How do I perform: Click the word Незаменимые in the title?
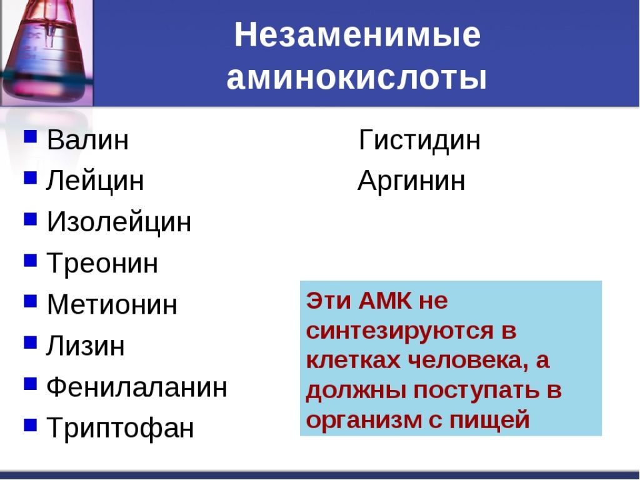[x=357, y=35]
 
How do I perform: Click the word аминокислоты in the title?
[x=357, y=77]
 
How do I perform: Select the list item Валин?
[x=87, y=139]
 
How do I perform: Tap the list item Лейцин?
[x=95, y=181]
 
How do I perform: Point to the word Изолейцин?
[x=119, y=222]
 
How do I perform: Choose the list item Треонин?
[x=102, y=263]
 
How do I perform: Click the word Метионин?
[x=112, y=304]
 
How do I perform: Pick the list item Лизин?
[x=85, y=346]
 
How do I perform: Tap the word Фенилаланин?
[x=137, y=386]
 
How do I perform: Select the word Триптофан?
[x=121, y=427]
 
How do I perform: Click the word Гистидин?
[x=419, y=139]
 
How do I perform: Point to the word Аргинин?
[x=411, y=181]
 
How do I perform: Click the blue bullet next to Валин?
[x=31, y=136]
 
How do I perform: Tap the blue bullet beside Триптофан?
[x=31, y=425]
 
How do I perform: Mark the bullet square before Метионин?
[x=31, y=301]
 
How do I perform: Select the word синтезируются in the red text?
[x=400, y=331]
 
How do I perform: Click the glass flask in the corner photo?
[x=46, y=51]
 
